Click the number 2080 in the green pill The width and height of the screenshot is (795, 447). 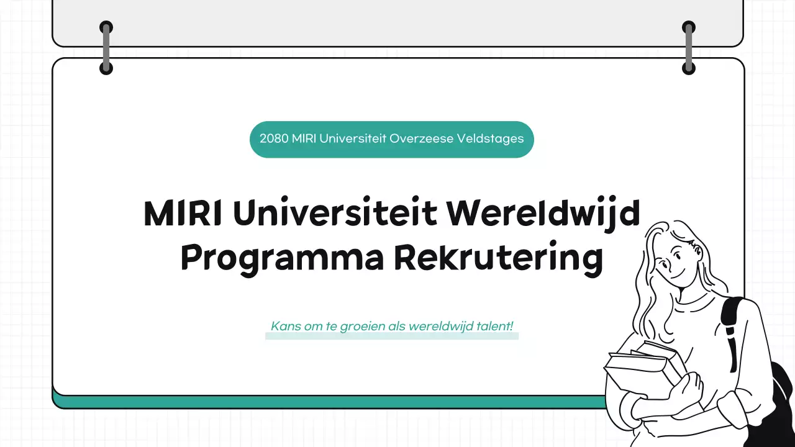point(273,138)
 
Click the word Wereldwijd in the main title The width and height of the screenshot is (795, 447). point(543,214)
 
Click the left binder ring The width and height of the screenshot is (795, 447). point(106,48)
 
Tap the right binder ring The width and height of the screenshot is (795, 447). point(688,48)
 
